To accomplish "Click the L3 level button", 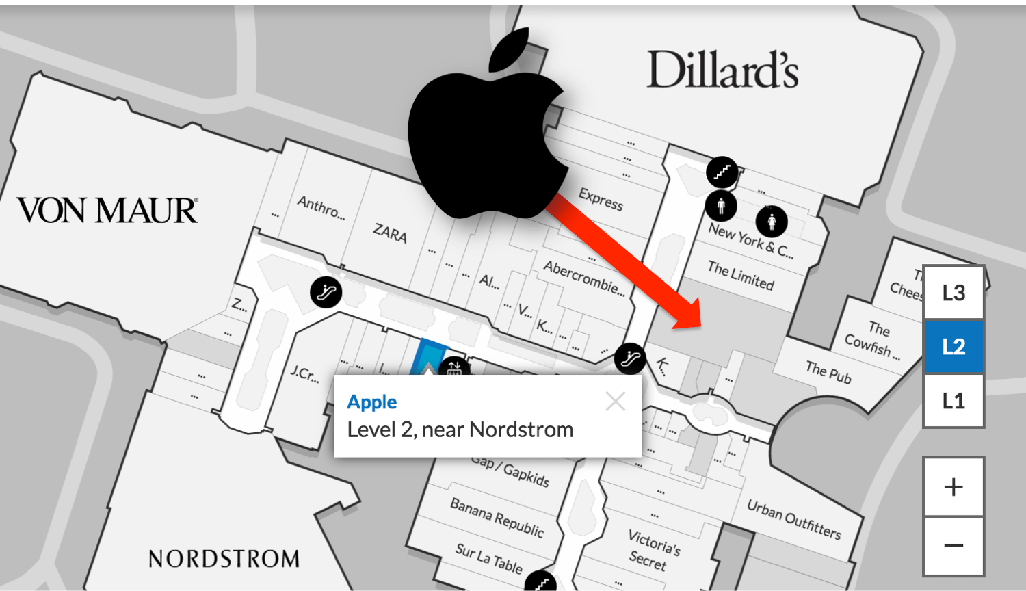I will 953,293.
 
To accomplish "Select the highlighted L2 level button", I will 953,346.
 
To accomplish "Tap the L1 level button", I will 953,400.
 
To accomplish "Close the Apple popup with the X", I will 616,402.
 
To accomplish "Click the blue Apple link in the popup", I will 372,402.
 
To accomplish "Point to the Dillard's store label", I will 722,70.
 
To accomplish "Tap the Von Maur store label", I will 107,211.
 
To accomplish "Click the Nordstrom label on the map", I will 224,559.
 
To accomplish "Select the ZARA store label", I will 390,233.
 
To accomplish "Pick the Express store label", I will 601,198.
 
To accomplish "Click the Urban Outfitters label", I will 793,519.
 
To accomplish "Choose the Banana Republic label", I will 497,517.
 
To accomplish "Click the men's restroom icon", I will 721,205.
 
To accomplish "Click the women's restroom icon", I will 772,221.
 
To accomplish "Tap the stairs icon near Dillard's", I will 722,172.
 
